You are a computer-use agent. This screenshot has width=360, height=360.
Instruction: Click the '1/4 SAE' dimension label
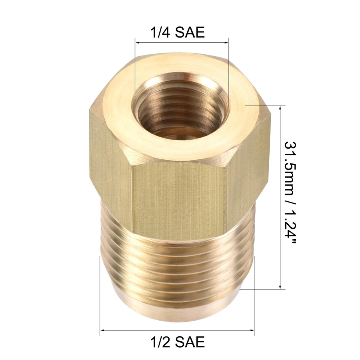click(x=177, y=32)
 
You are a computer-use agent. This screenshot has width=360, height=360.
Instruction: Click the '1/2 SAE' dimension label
click(x=177, y=342)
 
